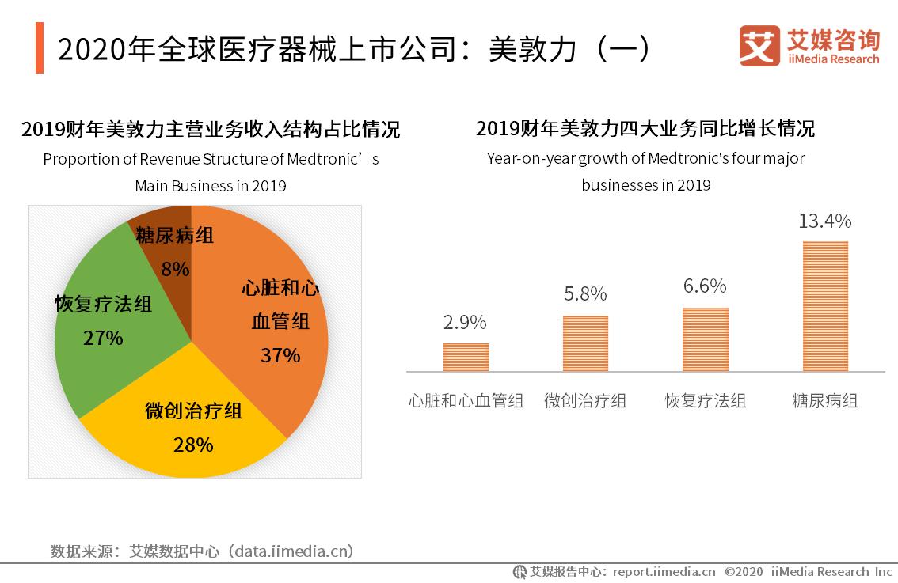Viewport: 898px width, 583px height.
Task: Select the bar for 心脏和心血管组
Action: coord(466,357)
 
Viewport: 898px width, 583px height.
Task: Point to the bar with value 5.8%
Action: coord(585,343)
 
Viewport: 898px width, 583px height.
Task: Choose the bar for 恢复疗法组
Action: coord(705,339)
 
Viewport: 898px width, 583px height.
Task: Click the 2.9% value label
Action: coord(465,323)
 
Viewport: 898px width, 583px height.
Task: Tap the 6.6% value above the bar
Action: coord(705,286)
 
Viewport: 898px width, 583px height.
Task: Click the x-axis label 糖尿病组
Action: coord(824,401)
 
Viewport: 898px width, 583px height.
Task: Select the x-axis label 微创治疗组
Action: coord(585,401)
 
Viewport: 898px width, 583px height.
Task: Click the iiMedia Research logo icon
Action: coord(759,45)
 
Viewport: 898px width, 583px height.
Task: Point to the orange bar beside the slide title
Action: coord(40,48)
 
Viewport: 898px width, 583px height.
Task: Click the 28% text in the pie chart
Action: coord(193,445)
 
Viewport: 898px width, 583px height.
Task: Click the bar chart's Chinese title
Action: coord(645,129)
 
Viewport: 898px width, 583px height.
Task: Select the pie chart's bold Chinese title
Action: coord(211,129)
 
